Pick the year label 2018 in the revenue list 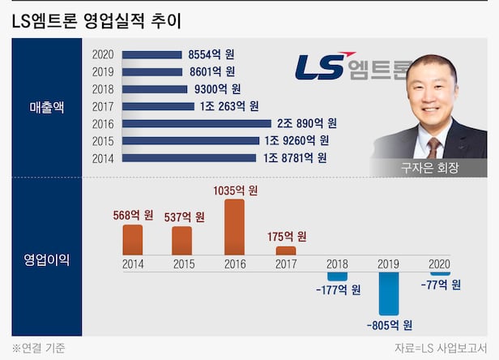pos(104,89)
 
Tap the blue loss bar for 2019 pos(389,293)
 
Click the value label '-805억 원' pos(389,325)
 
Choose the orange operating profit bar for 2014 pos(133,240)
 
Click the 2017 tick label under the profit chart pos(286,264)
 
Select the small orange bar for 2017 pos(286,251)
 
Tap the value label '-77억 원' pos(441,285)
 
